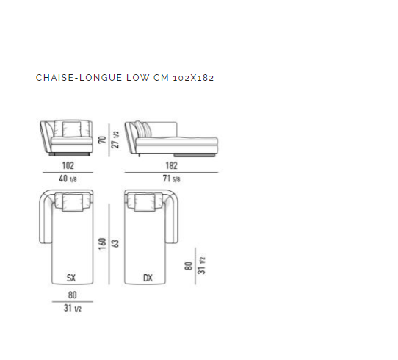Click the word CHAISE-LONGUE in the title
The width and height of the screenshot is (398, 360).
click(x=79, y=78)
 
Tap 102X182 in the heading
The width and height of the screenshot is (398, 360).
click(x=193, y=78)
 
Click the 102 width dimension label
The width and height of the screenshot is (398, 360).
click(x=68, y=165)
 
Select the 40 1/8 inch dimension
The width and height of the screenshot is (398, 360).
click(x=68, y=179)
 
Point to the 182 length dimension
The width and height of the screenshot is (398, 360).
click(x=171, y=165)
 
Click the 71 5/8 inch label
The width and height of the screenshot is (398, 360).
click(x=171, y=179)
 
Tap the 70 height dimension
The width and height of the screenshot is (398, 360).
click(x=102, y=140)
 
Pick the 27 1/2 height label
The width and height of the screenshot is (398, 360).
click(x=115, y=140)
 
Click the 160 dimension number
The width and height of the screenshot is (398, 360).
click(x=102, y=244)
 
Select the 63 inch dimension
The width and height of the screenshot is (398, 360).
click(x=115, y=244)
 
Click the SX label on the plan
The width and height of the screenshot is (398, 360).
click(x=71, y=278)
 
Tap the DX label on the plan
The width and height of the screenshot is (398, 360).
click(x=148, y=278)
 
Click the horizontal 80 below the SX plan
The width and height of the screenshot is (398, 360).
click(x=73, y=295)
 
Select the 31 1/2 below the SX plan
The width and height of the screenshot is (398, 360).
click(x=73, y=309)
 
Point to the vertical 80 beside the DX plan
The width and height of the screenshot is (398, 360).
click(x=189, y=266)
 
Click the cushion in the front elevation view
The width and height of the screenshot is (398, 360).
click(x=71, y=129)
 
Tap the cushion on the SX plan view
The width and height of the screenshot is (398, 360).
click(x=73, y=202)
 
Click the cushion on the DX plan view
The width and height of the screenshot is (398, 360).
click(x=145, y=202)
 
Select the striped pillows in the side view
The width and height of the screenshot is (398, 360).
click(x=142, y=129)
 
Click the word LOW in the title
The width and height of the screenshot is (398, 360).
click(x=138, y=78)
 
